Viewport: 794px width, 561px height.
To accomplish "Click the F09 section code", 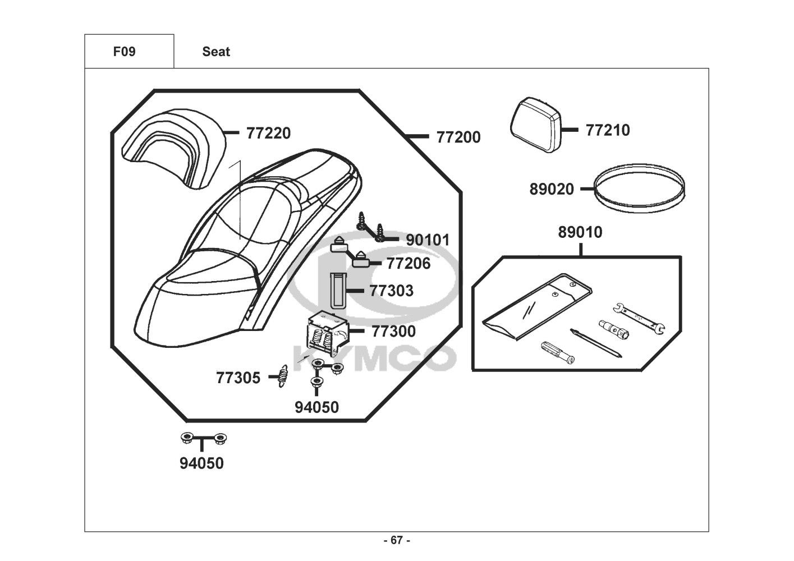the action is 124,52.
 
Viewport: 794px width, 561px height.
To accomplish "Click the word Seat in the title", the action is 216,52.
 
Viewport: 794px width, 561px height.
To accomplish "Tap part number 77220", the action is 268,134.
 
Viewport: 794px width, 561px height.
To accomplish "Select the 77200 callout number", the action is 458,137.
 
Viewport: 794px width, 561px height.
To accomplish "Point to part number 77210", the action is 608,130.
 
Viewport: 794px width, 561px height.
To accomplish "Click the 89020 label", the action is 552,189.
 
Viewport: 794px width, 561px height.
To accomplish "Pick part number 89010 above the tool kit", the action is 580,232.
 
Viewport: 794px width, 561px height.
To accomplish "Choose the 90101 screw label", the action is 428,240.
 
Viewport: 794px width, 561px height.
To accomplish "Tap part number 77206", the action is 409,264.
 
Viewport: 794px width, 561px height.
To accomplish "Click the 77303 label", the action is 391,291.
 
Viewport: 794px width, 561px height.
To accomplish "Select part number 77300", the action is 393,332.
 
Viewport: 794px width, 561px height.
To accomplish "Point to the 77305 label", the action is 238,378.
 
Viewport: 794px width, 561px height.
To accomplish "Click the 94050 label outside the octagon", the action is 201,463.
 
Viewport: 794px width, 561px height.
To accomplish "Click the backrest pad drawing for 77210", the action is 535,125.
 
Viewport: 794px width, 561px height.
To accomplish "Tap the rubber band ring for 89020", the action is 639,188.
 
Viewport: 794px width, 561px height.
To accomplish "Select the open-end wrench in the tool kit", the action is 639,318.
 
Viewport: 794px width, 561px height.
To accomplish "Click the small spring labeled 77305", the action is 282,376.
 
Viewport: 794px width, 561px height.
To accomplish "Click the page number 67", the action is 397,540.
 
